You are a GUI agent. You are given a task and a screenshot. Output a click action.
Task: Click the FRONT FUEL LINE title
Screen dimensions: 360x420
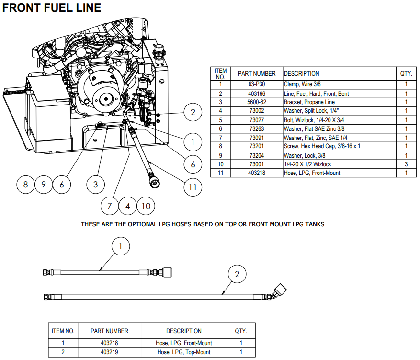pyautogui.click(x=52, y=8)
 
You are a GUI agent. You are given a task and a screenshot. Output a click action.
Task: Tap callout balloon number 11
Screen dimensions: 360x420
pyautogui.click(x=193, y=187)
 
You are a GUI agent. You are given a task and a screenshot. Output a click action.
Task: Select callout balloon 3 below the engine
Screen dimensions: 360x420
pyautogui.click(x=95, y=184)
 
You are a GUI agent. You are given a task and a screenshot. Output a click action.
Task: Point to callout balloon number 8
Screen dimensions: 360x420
pyautogui.click(x=25, y=184)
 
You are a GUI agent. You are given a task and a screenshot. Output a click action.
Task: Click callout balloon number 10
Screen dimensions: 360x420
pyautogui.click(x=146, y=206)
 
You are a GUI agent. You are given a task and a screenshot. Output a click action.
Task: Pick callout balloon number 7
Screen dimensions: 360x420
pyautogui.click(x=109, y=206)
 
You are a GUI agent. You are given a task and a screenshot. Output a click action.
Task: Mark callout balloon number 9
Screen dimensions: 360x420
pyautogui.click(x=43, y=184)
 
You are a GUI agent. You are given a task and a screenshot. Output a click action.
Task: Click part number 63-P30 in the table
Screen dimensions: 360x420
pyautogui.click(x=256, y=84)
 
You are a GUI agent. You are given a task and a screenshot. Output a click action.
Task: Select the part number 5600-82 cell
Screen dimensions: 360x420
pyautogui.click(x=256, y=102)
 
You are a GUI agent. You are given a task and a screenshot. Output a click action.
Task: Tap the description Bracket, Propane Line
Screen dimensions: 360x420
pyautogui.click(x=309, y=102)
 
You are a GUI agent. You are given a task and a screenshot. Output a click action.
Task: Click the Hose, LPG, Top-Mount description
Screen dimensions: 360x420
pyautogui.click(x=184, y=352)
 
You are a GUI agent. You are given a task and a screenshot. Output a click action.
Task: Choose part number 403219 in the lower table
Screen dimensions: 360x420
pyautogui.click(x=110, y=352)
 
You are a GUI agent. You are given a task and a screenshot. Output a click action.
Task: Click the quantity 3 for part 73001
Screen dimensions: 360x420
pyautogui.click(x=406, y=164)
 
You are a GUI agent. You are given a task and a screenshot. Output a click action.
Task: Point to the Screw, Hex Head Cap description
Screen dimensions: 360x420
pyautogui.click(x=322, y=146)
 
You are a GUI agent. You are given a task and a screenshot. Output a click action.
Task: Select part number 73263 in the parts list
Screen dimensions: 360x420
pyautogui.click(x=256, y=128)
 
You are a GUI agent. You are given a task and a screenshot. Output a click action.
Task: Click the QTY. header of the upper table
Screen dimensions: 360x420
pyautogui.click(x=406, y=74)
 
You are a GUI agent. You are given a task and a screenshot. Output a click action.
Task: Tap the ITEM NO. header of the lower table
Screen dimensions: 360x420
pyautogui.click(x=63, y=331)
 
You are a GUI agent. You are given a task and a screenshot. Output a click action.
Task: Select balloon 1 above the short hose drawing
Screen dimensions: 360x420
pyautogui.click(x=121, y=246)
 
